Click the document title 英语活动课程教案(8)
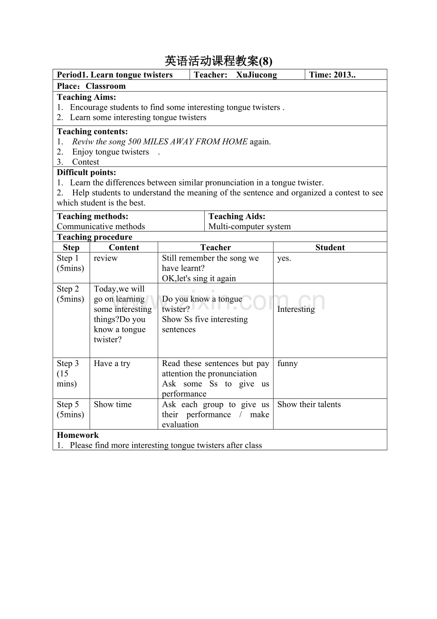point(218,61)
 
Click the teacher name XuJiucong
point(256,75)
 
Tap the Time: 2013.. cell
point(332,75)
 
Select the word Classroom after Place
point(105,86)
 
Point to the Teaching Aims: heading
point(86,97)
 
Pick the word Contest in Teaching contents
point(85,162)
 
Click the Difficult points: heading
point(86,173)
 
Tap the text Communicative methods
point(101,226)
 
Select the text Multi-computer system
point(249,226)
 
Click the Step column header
point(71,247)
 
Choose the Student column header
point(330,247)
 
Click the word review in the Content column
point(105,258)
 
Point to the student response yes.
point(284,258)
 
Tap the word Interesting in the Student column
point(296,309)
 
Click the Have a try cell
point(112,363)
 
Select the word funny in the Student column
point(287,363)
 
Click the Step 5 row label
point(68,405)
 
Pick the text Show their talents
point(309,405)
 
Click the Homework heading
point(78,435)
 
